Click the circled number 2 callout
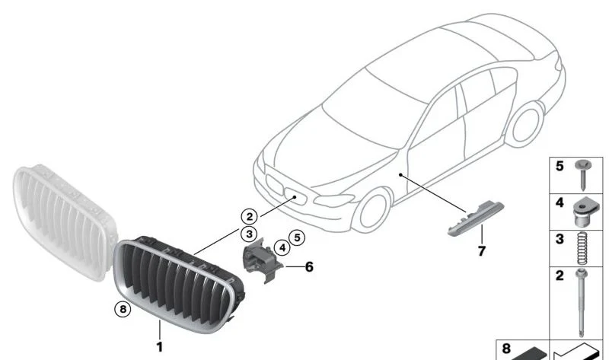[x=250, y=216]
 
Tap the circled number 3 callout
[x=249, y=234]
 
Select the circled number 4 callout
[x=282, y=248]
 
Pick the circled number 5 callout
[x=297, y=237]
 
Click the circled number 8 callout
[x=123, y=309]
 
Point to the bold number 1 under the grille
[x=159, y=347]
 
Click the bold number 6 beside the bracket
[x=309, y=267]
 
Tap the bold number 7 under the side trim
[x=482, y=251]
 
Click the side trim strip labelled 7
[x=476, y=218]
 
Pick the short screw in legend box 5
[x=582, y=174]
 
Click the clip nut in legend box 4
[x=583, y=212]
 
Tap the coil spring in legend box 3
[x=582, y=249]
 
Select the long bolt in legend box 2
[x=582, y=302]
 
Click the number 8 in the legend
[x=506, y=349]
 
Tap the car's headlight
[x=334, y=200]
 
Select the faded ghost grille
[x=64, y=221]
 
